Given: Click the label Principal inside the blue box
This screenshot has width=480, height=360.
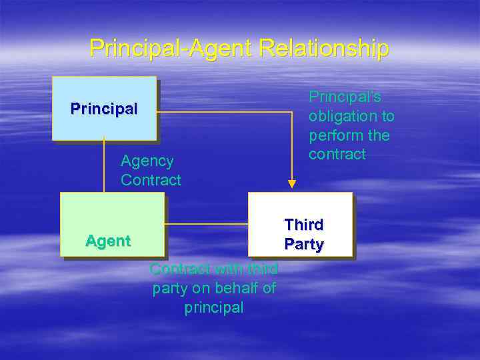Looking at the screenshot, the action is [104, 108].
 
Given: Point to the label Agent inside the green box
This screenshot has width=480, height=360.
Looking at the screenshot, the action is [108, 241].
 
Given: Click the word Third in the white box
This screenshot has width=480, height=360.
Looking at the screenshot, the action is [304, 225].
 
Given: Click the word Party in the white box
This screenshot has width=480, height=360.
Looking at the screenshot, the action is [304, 244].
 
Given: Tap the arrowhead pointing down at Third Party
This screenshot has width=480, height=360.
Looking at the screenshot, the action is [291, 184].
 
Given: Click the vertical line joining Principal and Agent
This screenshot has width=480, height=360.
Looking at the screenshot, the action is [104, 167].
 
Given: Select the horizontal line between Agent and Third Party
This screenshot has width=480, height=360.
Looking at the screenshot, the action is [207, 224].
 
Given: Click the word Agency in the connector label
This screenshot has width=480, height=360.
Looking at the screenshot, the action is [147, 161].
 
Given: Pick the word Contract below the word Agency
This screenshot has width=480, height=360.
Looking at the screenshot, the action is [151, 180].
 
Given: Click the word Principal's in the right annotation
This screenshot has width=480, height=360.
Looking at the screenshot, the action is [345, 97].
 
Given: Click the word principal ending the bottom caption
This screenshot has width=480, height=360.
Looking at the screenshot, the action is [214, 307].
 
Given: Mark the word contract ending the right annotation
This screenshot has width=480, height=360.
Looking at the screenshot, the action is [337, 154].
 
